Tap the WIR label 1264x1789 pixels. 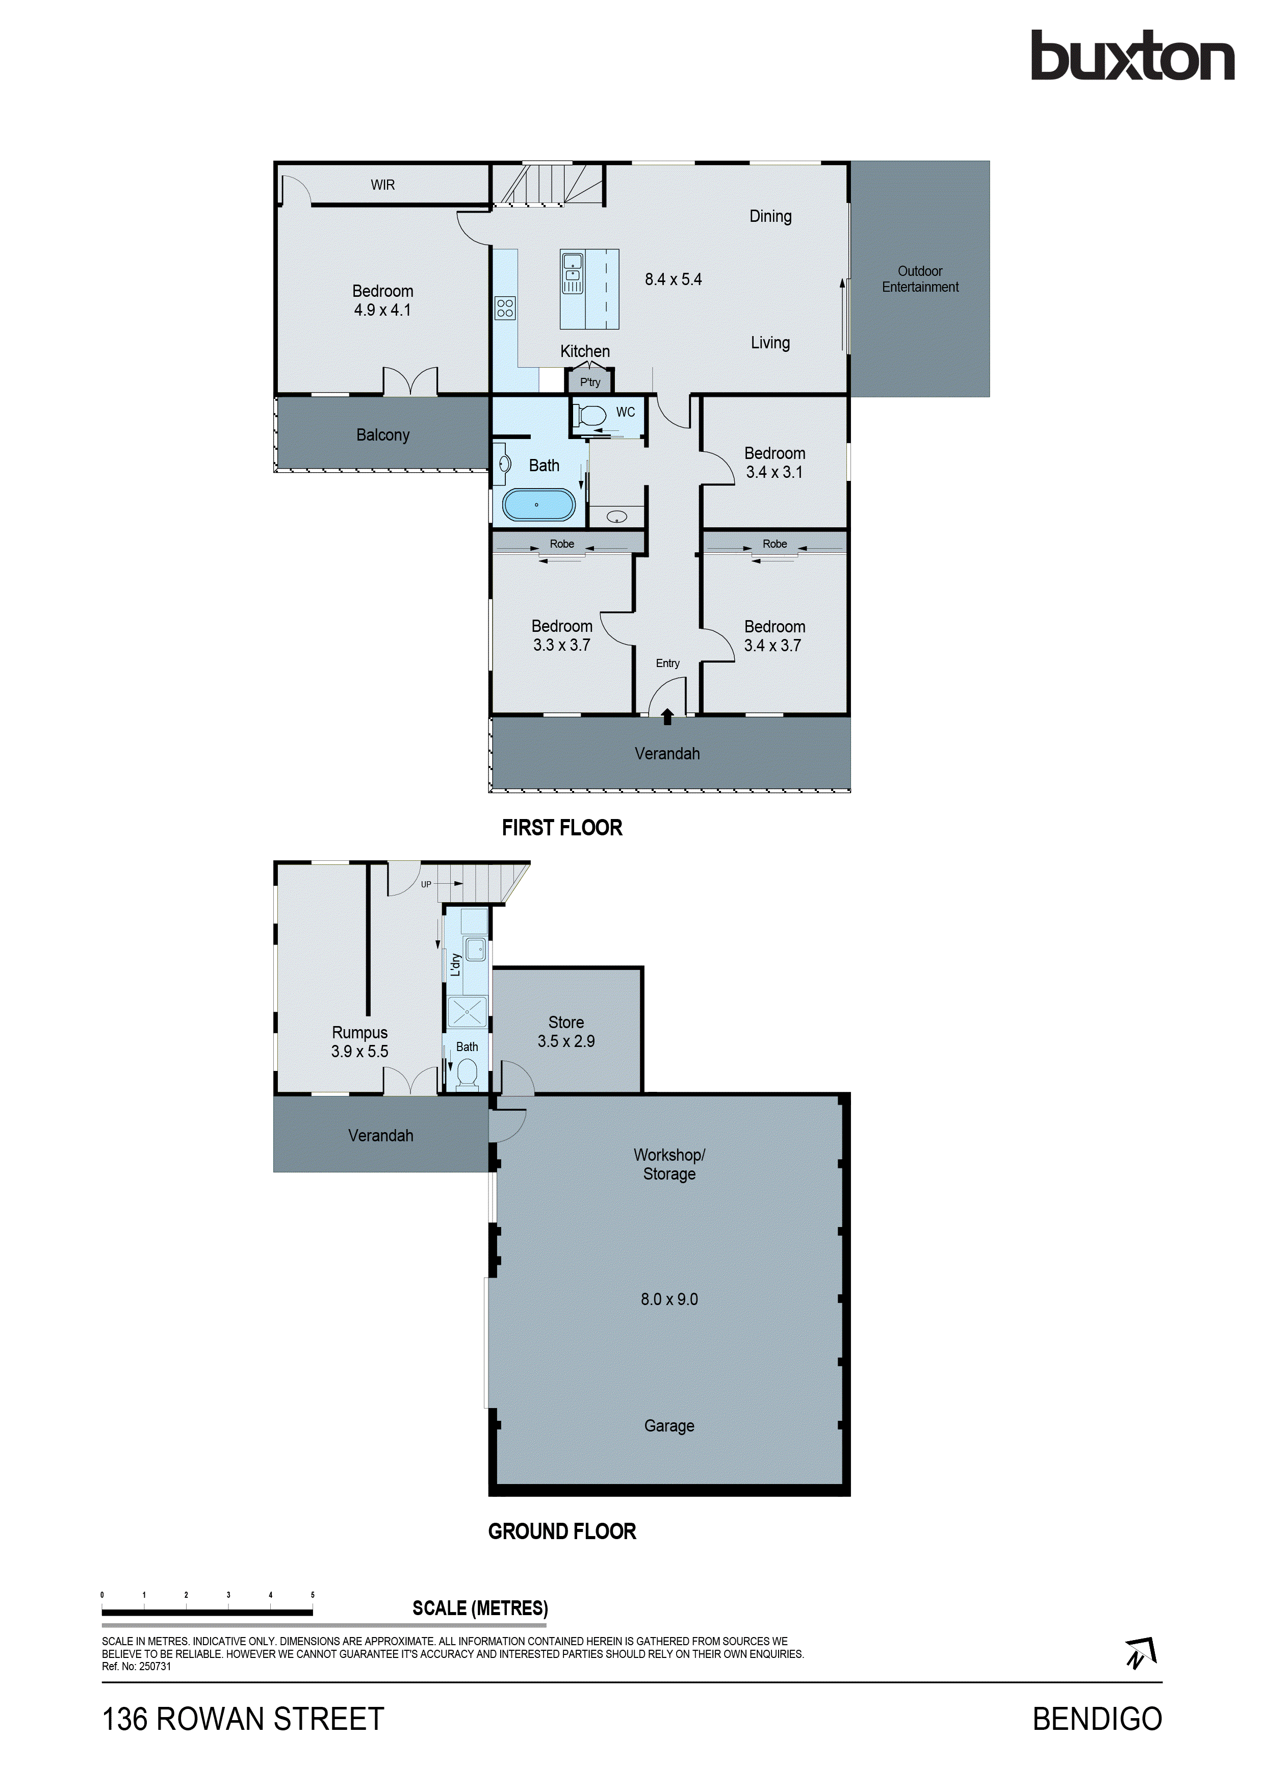(x=382, y=185)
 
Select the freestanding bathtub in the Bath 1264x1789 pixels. (x=538, y=505)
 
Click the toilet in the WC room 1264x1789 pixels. (x=594, y=415)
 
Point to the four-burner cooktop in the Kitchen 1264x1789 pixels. (x=505, y=308)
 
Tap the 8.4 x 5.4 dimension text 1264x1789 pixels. (x=673, y=279)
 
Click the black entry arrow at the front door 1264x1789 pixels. (x=667, y=716)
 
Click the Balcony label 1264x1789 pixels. (x=382, y=435)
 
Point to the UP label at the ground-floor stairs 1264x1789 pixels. (x=426, y=884)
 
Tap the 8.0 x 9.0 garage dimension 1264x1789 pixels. (x=669, y=1299)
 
